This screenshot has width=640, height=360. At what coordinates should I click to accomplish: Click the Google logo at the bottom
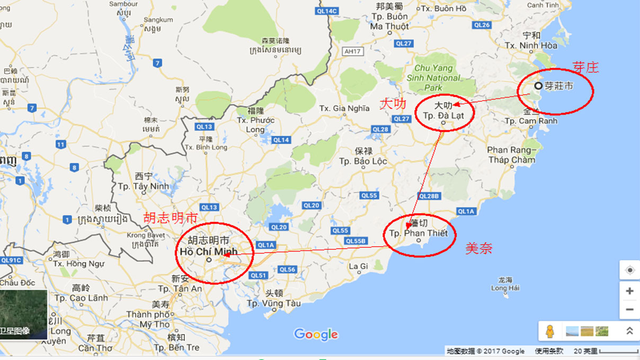(x=316, y=334)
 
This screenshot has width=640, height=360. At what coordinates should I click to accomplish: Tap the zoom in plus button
(x=629, y=291)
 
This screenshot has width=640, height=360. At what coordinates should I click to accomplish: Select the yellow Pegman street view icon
(x=550, y=331)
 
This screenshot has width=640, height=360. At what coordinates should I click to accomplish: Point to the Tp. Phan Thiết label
(x=418, y=233)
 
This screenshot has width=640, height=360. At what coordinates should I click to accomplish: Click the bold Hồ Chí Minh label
(x=208, y=251)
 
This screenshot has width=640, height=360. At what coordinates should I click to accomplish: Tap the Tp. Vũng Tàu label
(x=273, y=303)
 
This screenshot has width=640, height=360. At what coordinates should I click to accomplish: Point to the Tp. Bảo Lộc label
(x=363, y=161)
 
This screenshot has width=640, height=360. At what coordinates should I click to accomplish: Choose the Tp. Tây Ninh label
(x=143, y=186)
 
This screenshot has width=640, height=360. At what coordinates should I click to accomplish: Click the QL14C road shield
(x=326, y=11)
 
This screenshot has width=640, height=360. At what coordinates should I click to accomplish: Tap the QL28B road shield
(x=430, y=196)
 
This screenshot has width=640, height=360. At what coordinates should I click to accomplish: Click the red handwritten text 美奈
(x=478, y=248)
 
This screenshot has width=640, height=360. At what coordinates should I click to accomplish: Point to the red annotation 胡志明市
(x=171, y=218)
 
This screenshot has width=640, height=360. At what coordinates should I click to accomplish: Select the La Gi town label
(x=359, y=266)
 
